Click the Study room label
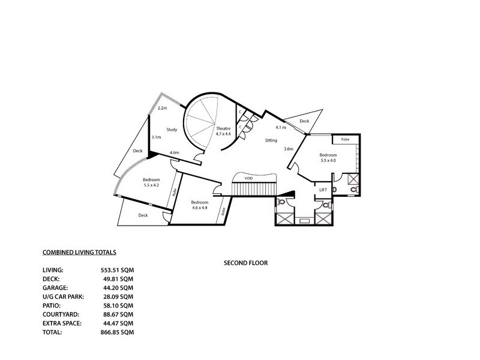(x=171, y=130)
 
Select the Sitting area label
(x=271, y=140)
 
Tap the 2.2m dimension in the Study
(x=161, y=109)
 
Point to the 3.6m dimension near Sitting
(x=288, y=149)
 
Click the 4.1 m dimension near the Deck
(x=280, y=128)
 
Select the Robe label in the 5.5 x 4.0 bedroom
(x=345, y=139)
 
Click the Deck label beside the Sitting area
(x=304, y=121)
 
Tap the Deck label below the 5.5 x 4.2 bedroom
(x=143, y=215)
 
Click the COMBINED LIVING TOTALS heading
(x=79, y=254)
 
